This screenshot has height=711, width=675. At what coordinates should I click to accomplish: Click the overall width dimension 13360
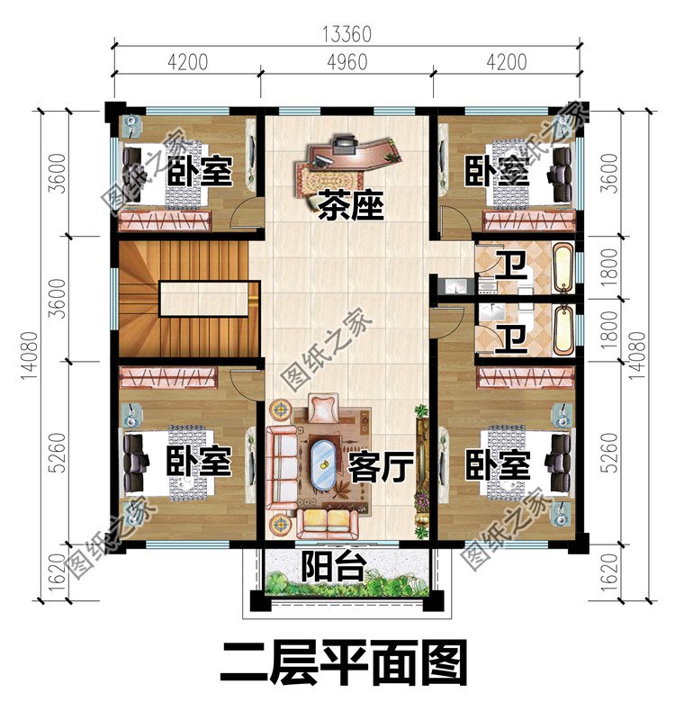tap(346, 35)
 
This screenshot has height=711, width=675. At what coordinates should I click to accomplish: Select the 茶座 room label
tap(350, 207)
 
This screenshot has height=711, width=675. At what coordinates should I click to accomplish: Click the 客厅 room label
tap(380, 467)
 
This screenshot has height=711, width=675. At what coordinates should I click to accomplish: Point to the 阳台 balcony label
tap(333, 567)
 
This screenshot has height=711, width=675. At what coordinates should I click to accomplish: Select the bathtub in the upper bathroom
tap(562, 268)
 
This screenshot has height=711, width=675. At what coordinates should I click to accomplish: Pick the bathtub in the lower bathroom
tap(562, 330)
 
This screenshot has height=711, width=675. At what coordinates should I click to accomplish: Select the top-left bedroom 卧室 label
tap(200, 171)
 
